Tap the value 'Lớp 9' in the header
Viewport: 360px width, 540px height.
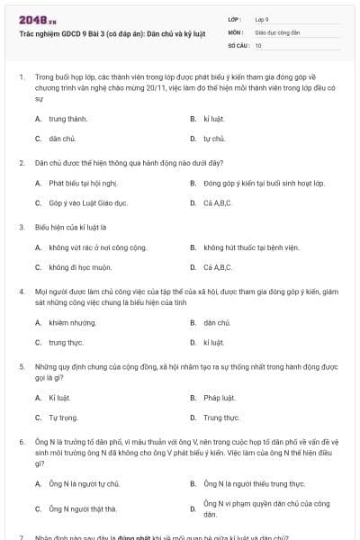[262, 18]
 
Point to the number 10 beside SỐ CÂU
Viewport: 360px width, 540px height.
[258, 44]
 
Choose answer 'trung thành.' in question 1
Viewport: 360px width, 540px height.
[68, 118]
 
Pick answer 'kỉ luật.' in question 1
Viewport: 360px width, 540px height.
[213, 118]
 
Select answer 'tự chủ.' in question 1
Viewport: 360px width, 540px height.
[214, 139]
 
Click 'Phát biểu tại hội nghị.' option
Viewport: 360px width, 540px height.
[84, 183]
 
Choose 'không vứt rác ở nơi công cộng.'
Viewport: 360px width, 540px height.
[97, 247]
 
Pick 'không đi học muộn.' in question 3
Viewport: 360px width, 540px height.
[80, 267]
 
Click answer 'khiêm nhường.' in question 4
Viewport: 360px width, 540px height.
[72, 321]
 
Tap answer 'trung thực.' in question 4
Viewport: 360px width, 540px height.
[66, 342]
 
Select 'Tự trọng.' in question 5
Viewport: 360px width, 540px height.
[64, 418]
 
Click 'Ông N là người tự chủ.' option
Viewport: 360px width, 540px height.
[85, 483]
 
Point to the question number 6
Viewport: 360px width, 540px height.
[21, 443]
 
